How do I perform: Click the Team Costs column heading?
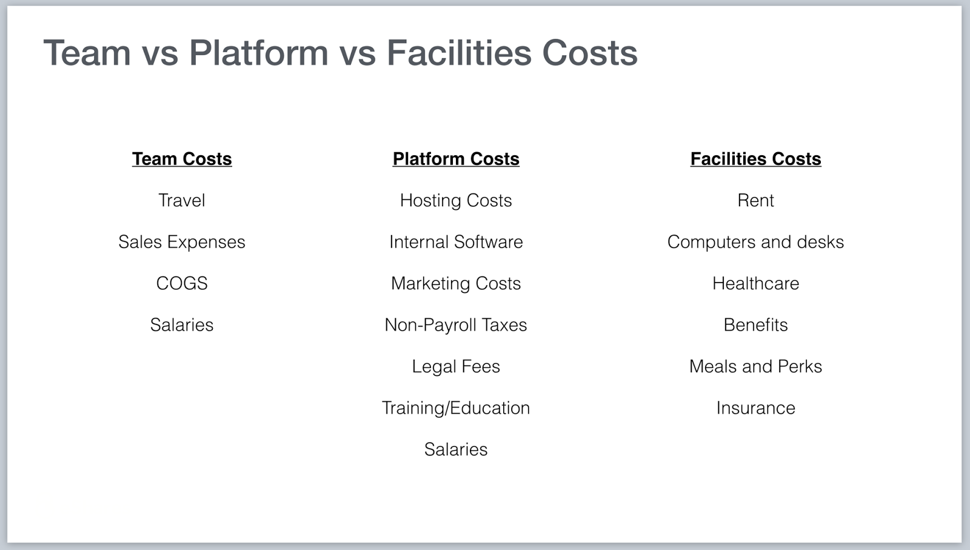pyautogui.click(x=182, y=159)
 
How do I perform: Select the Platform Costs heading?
pyautogui.click(x=456, y=159)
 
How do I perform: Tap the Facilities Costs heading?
pyautogui.click(x=755, y=159)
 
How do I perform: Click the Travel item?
pyautogui.click(x=182, y=201)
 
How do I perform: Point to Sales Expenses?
pyautogui.click(x=182, y=242)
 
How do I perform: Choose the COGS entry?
pyautogui.click(x=182, y=283)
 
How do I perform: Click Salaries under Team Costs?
pyautogui.click(x=182, y=325)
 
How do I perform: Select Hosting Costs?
pyautogui.click(x=456, y=201)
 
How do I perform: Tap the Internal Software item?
pyautogui.click(x=456, y=242)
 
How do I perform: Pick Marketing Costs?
pyautogui.click(x=456, y=284)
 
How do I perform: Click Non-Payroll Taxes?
pyautogui.click(x=456, y=325)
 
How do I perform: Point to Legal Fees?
pyautogui.click(x=456, y=366)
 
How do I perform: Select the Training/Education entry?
pyautogui.click(x=456, y=408)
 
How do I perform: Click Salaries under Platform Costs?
pyautogui.click(x=456, y=449)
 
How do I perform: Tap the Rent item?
pyautogui.click(x=755, y=201)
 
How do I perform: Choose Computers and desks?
pyautogui.click(x=755, y=242)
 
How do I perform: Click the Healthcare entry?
pyautogui.click(x=755, y=283)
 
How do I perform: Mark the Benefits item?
pyautogui.click(x=755, y=325)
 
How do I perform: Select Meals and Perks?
pyautogui.click(x=755, y=366)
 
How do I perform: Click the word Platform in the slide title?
pyautogui.click(x=258, y=53)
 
